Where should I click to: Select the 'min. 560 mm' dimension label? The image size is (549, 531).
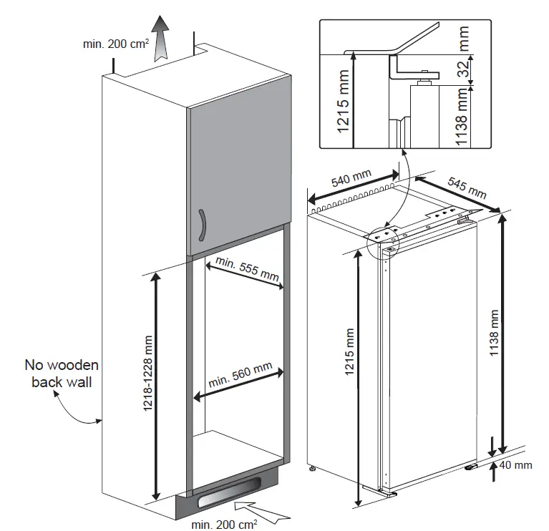coord(241,375)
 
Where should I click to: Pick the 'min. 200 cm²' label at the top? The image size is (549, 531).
coord(115,44)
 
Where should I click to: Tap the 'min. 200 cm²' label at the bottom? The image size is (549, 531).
coord(223,523)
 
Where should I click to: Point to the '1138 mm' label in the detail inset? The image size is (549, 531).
coord(464,119)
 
